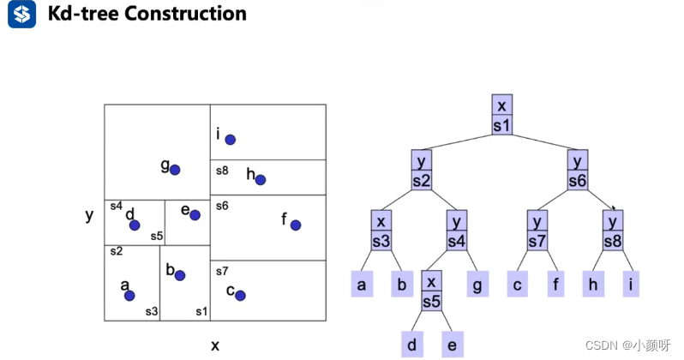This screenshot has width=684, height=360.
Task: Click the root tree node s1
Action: (502, 115)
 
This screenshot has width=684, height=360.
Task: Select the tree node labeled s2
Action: (421, 171)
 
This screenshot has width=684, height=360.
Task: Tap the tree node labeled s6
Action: (577, 171)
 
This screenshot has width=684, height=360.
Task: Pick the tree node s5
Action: (431, 292)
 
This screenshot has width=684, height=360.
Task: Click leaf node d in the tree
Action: (411, 345)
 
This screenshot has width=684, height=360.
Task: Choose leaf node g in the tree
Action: (477, 284)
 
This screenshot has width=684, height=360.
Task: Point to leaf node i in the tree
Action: (632, 284)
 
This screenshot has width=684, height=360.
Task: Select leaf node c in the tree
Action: (517, 284)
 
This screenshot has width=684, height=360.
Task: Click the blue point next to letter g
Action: (175, 170)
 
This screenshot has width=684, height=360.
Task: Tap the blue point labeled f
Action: (296, 225)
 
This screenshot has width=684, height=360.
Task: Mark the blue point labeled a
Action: (129, 296)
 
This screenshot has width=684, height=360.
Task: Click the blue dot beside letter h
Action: (261, 180)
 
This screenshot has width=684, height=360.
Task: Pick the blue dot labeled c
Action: (241, 296)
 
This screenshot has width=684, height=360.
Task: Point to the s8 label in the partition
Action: (222, 171)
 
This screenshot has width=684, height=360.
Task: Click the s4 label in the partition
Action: (116, 206)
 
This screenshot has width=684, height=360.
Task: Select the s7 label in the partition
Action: (221, 271)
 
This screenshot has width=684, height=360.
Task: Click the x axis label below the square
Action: (215, 345)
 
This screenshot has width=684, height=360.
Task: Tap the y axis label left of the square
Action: (89, 215)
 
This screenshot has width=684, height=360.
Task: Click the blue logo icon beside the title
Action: (22, 15)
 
